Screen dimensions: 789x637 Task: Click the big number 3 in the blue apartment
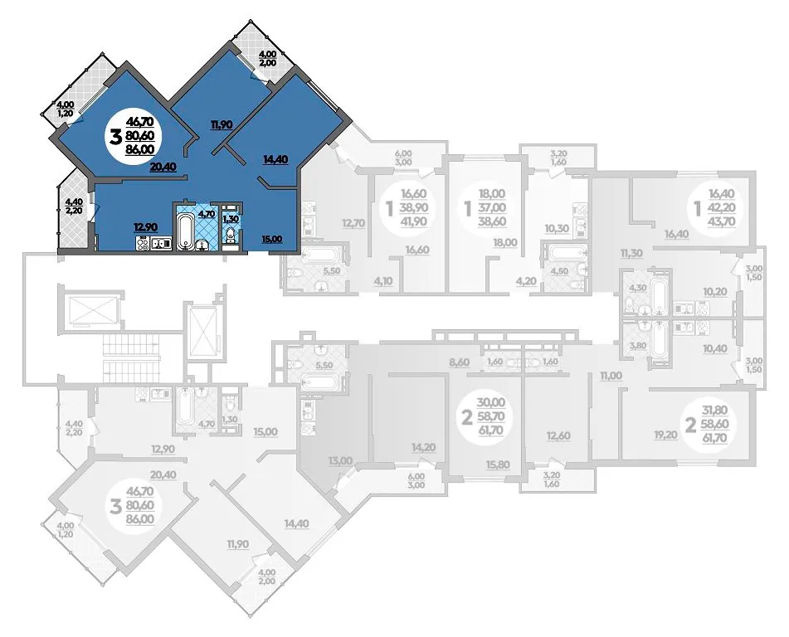click(115, 135)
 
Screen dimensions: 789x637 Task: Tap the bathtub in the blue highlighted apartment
click(185, 231)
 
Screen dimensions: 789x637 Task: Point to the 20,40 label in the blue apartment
click(163, 167)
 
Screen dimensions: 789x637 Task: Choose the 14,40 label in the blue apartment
click(275, 159)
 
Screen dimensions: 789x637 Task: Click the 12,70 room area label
click(352, 222)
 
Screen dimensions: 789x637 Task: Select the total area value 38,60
click(492, 221)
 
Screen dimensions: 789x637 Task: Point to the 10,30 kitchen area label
click(557, 228)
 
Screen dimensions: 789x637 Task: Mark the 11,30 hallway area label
click(631, 253)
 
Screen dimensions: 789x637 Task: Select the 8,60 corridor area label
click(459, 362)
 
